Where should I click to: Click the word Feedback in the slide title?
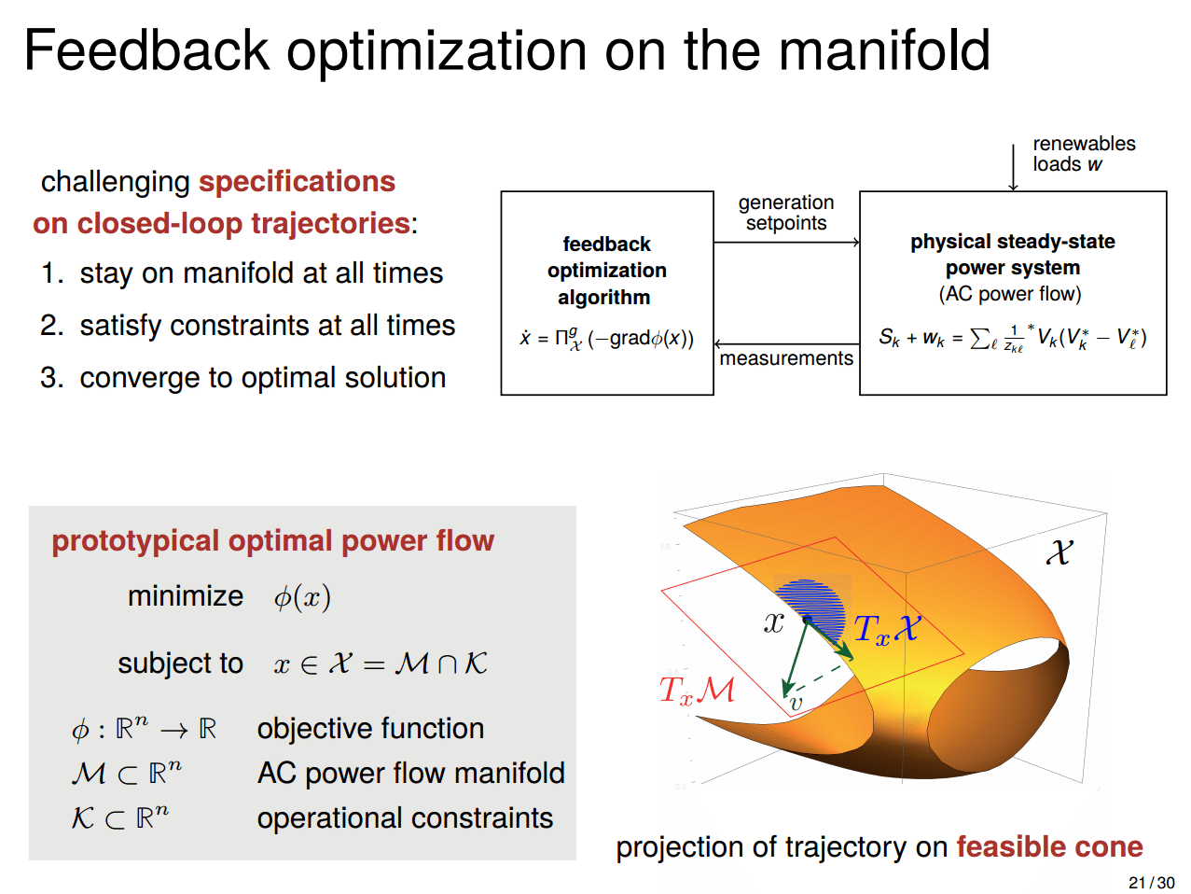click(x=146, y=50)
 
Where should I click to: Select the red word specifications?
click(x=297, y=181)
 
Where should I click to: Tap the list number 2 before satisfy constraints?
click(x=50, y=326)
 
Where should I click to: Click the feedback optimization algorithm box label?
click(x=606, y=271)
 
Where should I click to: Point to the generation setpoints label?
click(x=786, y=213)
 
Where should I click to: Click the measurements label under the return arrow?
click(x=786, y=358)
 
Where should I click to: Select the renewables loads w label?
click(x=1083, y=154)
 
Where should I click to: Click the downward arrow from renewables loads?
click(x=1013, y=168)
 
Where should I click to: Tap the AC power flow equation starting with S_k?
click(x=1012, y=338)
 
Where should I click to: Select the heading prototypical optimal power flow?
click(x=272, y=541)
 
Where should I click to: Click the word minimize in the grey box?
click(x=186, y=596)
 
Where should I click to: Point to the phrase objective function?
click(x=370, y=728)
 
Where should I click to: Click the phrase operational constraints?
click(x=405, y=818)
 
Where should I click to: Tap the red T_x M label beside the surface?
click(x=697, y=691)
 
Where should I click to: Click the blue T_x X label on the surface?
click(x=886, y=630)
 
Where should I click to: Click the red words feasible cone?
click(x=1049, y=846)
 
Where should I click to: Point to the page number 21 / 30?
click(x=1151, y=883)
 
